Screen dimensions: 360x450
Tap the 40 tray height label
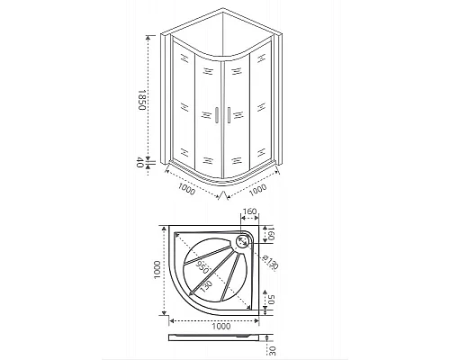[x=141, y=163]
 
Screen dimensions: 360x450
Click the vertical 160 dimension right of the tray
[x=271, y=237]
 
